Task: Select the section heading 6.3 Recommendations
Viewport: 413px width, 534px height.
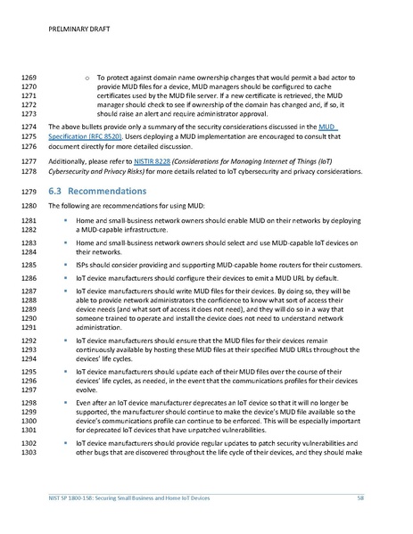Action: [107, 191]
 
